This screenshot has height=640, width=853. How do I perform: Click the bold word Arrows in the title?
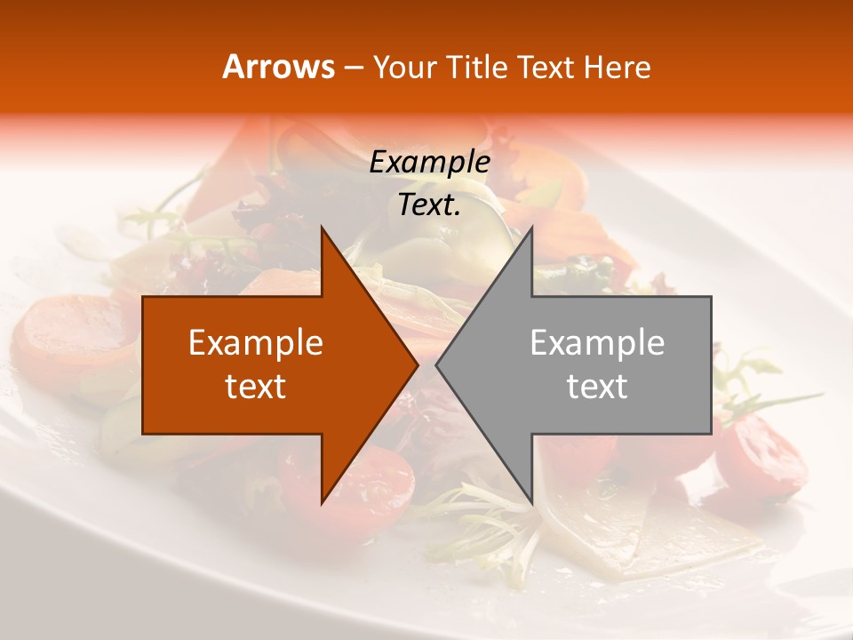[279, 68]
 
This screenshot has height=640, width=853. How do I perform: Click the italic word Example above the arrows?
[429, 163]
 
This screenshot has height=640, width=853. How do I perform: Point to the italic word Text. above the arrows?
[429, 204]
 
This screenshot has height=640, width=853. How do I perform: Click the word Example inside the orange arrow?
[256, 343]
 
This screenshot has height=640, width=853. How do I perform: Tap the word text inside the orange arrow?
[256, 387]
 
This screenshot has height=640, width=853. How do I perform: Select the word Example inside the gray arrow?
[597, 343]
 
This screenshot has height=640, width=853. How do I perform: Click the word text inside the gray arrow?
[597, 387]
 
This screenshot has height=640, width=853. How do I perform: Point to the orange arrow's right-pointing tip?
[416, 365]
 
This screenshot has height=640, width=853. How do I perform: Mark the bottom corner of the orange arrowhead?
[323, 502]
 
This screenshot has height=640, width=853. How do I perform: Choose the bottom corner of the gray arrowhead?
[530, 502]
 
